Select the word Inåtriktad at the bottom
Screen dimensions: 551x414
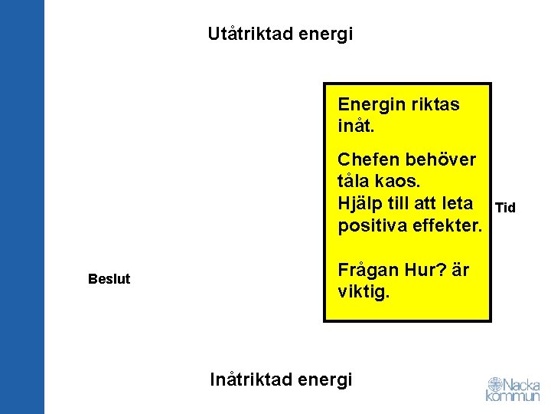(248, 379)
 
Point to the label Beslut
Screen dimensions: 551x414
(109, 279)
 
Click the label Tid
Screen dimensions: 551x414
(505, 208)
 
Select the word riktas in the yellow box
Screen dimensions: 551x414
(435, 104)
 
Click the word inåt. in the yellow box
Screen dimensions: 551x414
(357, 124)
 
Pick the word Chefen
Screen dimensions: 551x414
(369, 160)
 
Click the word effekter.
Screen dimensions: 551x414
(447, 227)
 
